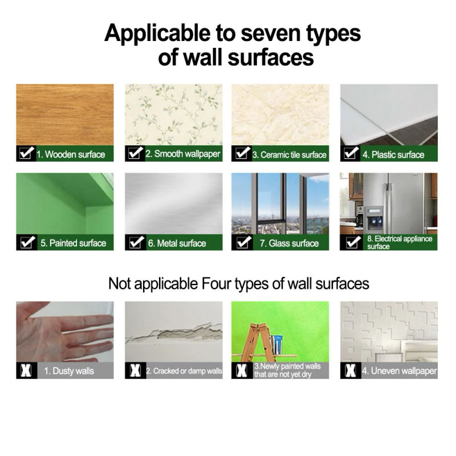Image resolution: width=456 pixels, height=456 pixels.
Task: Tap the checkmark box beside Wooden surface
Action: (x=26, y=153)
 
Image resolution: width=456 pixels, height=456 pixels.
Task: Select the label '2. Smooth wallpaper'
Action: (x=182, y=154)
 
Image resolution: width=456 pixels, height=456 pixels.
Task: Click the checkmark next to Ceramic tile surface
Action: (x=242, y=153)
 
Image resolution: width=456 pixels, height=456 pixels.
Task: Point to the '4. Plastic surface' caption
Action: (x=393, y=154)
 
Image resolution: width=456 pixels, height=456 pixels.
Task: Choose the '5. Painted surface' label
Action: (x=74, y=243)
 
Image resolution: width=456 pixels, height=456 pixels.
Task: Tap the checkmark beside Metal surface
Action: (x=136, y=242)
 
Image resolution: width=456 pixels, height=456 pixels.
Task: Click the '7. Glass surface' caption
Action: (x=289, y=243)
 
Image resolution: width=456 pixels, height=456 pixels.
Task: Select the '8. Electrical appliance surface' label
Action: (x=400, y=243)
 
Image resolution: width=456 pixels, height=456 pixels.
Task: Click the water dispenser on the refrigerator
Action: (x=374, y=219)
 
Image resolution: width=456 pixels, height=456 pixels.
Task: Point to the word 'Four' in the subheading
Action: (x=216, y=283)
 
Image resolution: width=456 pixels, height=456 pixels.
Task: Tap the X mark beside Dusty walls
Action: (x=26, y=370)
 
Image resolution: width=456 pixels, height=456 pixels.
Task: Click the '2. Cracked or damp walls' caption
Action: (x=184, y=371)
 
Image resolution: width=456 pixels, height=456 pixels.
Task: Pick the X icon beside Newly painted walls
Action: (x=242, y=370)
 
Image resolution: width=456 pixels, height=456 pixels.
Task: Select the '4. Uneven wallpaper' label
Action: (x=400, y=371)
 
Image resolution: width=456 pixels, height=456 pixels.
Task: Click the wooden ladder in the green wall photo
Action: (x=256, y=343)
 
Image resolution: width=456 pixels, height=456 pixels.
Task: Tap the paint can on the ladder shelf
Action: (x=276, y=345)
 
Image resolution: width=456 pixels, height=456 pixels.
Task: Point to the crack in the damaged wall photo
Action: (x=174, y=333)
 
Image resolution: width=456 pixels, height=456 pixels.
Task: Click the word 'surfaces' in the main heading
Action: (x=270, y=58)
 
